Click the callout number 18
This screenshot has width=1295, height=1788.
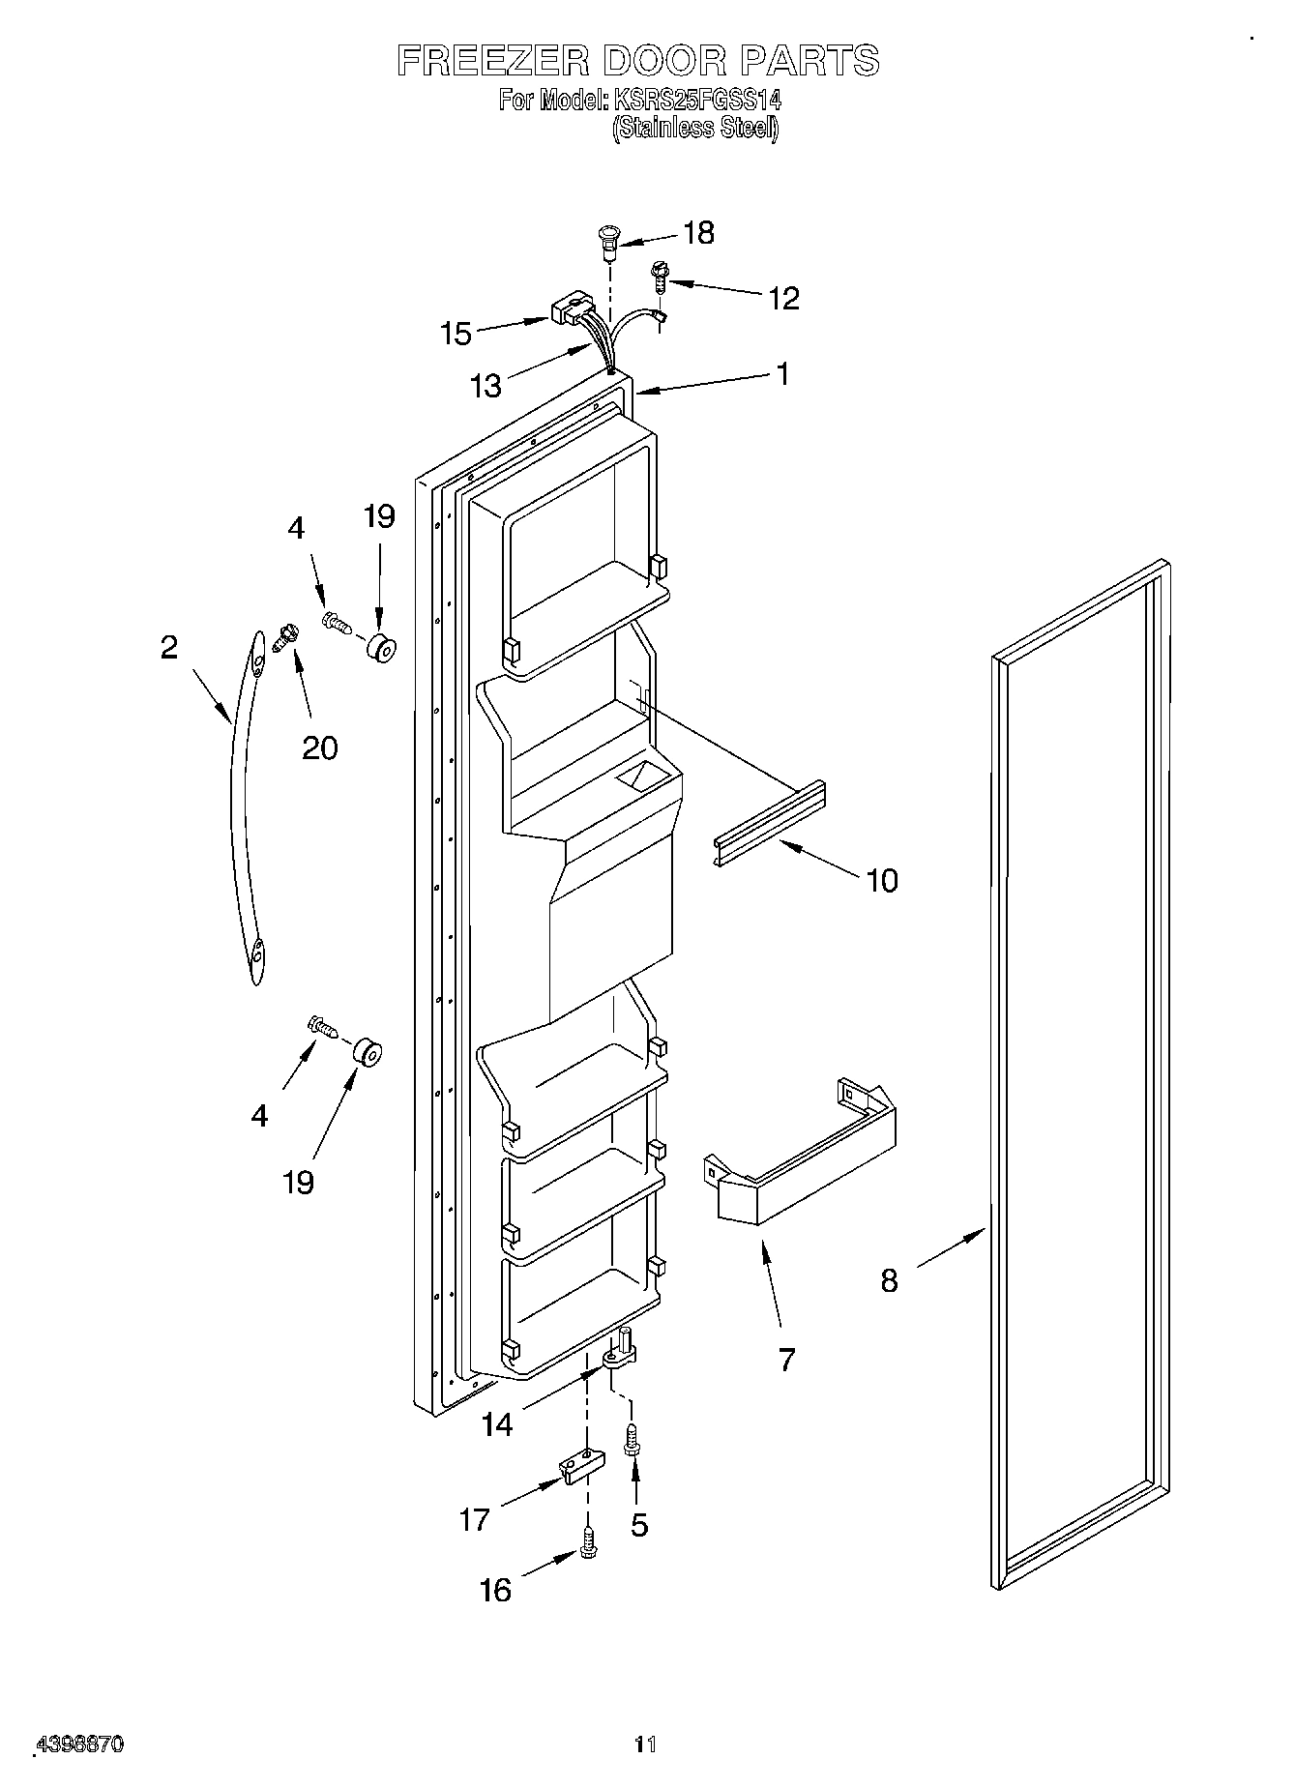click(698, 233)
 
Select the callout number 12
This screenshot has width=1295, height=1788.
click(783, 299)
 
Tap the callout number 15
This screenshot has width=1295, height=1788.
click(456, 334)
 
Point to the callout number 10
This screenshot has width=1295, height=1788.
click(882, 880)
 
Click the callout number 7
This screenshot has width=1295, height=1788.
click(786, 1360)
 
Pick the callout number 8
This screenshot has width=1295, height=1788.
click(889, 1280)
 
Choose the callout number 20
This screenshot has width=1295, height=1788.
click(320, 747)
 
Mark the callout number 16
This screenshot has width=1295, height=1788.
click(495, 1590)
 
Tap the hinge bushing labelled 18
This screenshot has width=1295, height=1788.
click(609, 241)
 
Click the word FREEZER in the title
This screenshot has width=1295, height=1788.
click(492, 60)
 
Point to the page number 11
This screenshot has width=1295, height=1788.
click(645, 1744)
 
